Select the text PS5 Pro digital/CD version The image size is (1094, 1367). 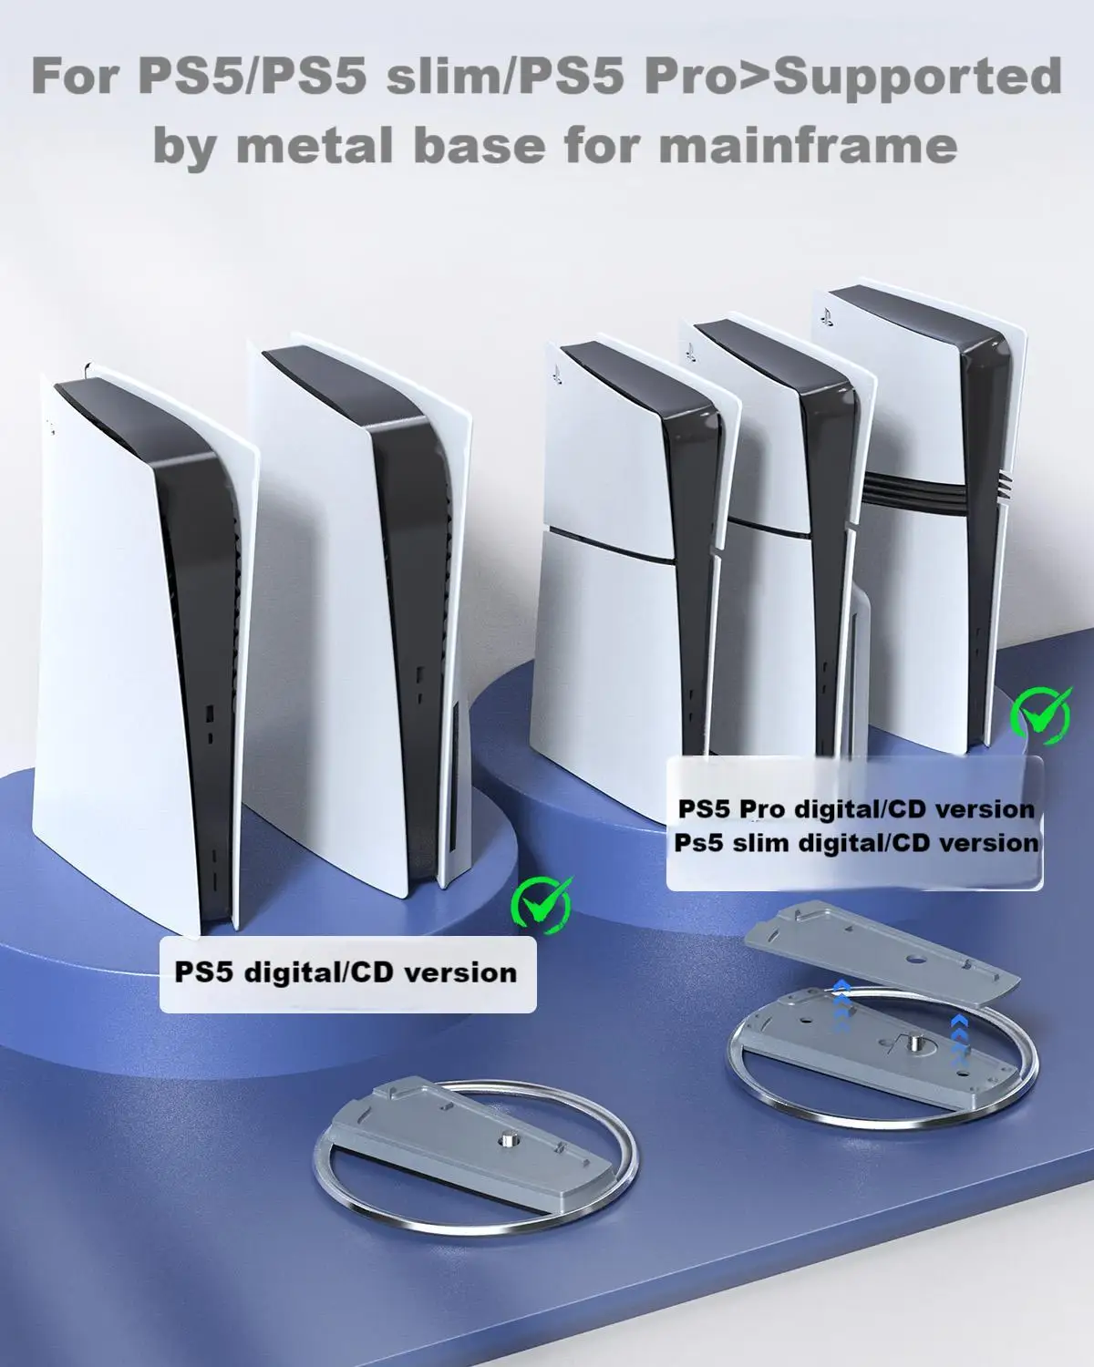point(856,808)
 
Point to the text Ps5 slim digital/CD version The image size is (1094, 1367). point(856,842)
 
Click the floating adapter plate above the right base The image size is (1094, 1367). point(882,955)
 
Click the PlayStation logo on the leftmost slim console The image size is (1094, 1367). point(558,375)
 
